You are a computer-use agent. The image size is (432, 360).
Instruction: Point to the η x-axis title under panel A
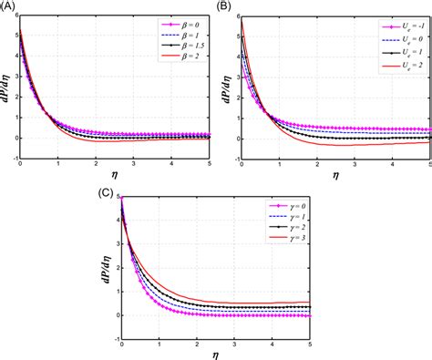pos(113,173)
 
